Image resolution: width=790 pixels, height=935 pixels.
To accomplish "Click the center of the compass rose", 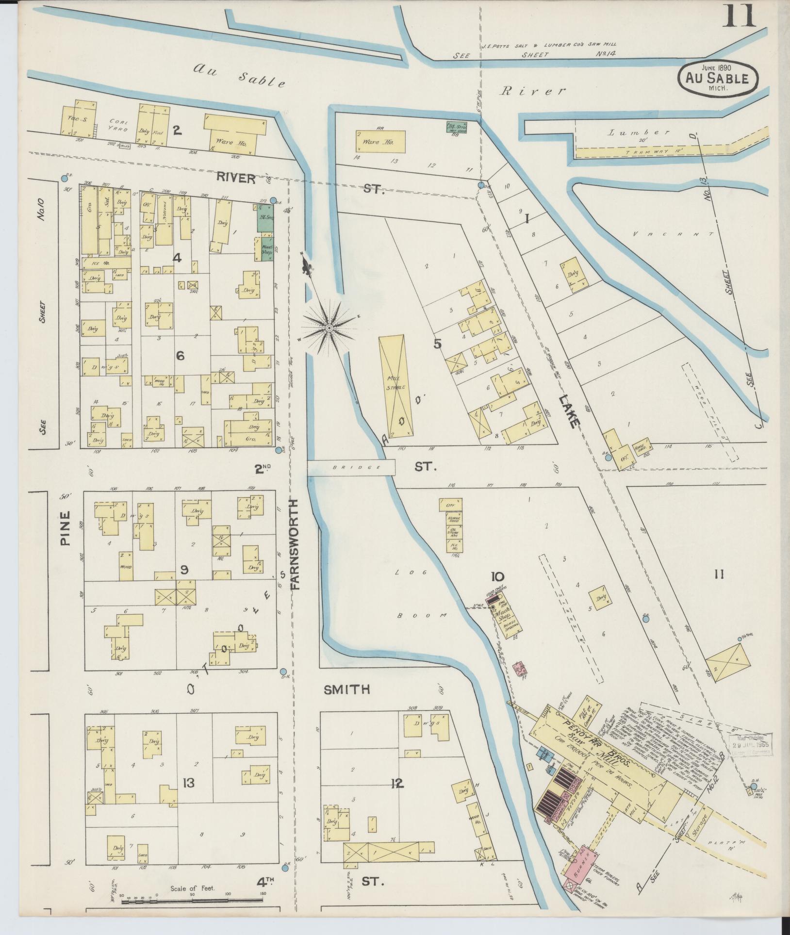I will tap(329, 328).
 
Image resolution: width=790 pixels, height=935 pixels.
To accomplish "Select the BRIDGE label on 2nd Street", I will tap(351, 468).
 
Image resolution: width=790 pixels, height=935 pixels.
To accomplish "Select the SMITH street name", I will tap(347, 689).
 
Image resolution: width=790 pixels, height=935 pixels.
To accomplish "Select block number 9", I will tap(184, 571).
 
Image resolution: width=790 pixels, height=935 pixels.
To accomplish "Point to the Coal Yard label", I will tap(118, 126).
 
